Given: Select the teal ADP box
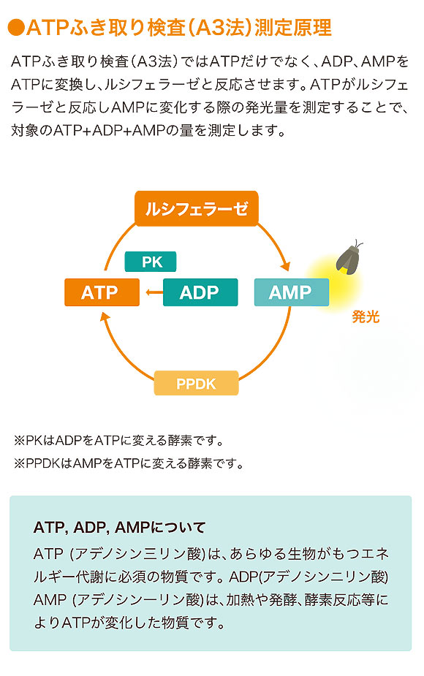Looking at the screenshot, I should tap(200, 292).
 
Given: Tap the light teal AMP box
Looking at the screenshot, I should tap(291, 292).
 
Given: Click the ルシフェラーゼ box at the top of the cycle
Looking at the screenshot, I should tap(197, 210).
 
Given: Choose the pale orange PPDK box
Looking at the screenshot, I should tap(196, 383).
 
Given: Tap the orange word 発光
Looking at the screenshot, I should tap(366, 317).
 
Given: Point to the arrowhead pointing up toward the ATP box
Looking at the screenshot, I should tap(105, 316).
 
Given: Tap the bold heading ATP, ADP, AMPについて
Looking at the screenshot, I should tap(120, 527).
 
